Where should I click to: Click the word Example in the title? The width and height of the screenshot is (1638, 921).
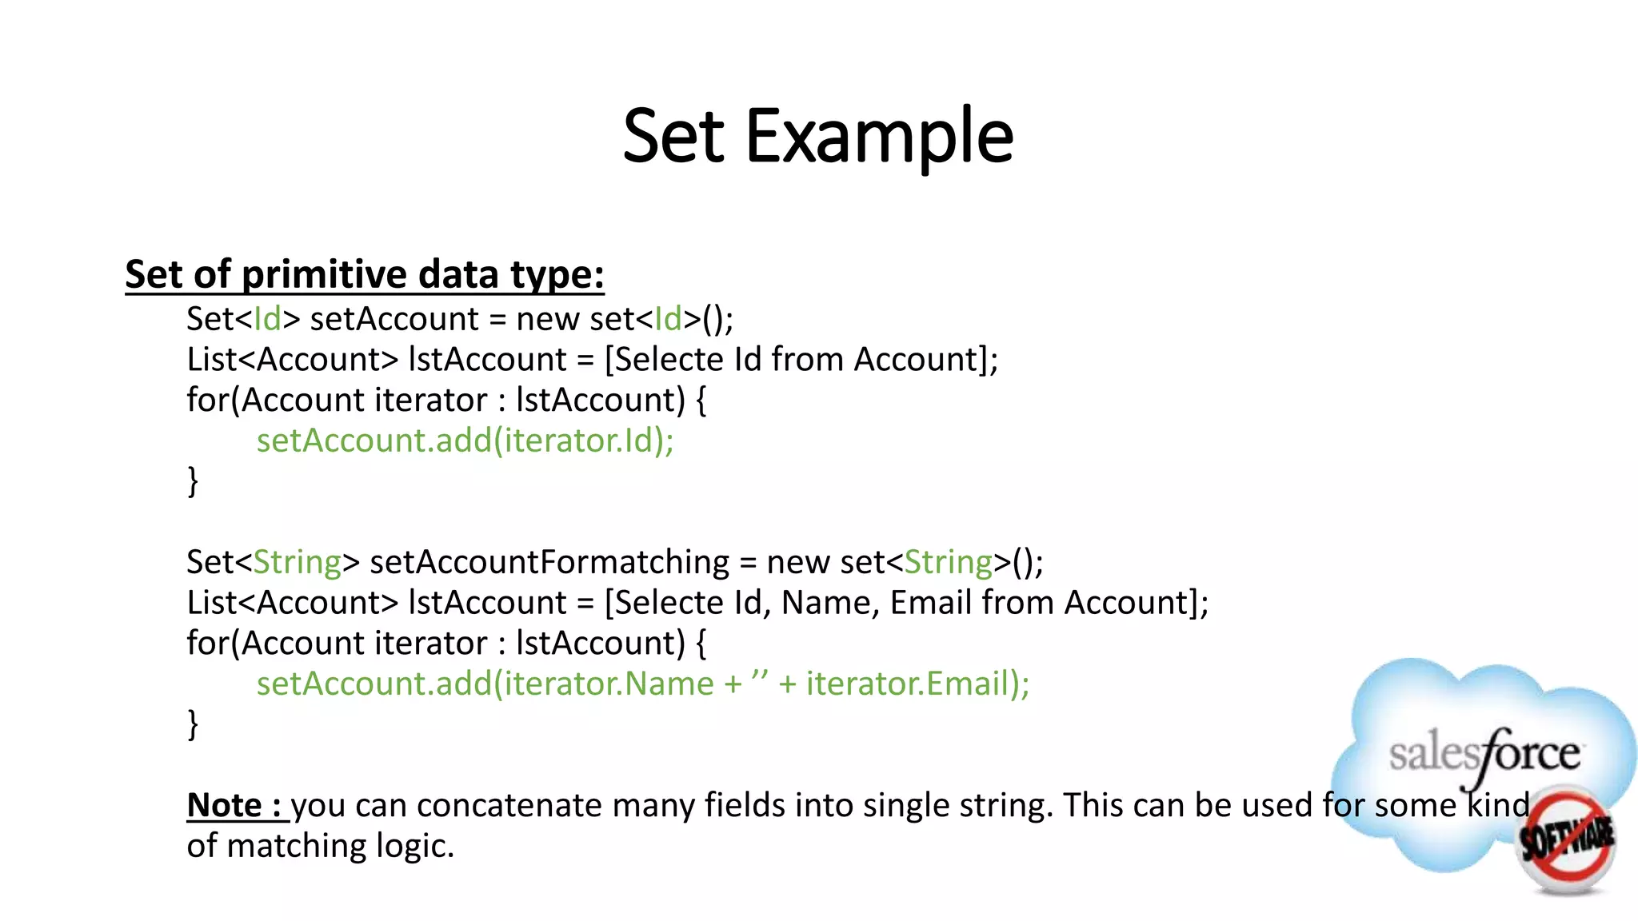(x=879, y=137)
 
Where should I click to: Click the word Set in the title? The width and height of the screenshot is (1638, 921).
(x=673, y=137)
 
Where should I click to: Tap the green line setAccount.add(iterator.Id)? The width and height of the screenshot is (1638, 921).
(x=465, y=441)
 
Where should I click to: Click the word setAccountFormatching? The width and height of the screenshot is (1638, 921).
(x=549, y=562)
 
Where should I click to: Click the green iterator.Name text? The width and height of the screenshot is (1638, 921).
(x=608, y=684)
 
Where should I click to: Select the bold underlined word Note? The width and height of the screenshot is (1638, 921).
(x=225, y=805)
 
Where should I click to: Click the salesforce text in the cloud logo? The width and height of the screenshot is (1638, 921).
(x=1484, y=754)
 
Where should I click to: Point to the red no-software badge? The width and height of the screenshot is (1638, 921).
(x=1565, y=839)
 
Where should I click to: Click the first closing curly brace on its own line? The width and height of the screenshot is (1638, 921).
(x=193, y=481)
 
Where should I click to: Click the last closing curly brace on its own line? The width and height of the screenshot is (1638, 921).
(x=193, y=724)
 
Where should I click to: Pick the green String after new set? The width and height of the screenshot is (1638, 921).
(x=948, y=562)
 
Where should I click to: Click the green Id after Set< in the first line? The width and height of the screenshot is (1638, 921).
(x=267, y=319)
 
